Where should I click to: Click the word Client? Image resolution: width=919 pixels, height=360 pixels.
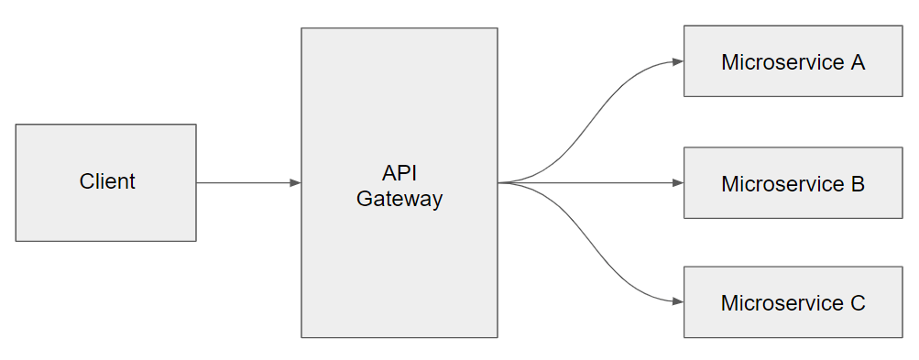pyautogui.click(x=107, y=181)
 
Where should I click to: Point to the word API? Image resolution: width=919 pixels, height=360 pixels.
pyautogui.click(x=399, y=173)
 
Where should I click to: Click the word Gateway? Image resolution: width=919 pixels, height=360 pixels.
pyautogui.click(x=399, y=199)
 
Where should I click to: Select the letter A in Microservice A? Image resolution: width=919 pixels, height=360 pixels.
pyautogui.click(x=858, y=62)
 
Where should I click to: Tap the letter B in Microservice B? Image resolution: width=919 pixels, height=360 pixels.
pyautogui.click(x=858, y=183)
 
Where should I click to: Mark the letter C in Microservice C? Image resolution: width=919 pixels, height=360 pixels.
pyautogui.click(x=858, y=303)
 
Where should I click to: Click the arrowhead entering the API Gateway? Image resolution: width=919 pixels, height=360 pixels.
pyautogui.click(x=295, y=183)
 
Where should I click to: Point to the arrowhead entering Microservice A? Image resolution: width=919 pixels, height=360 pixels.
pyautogui.click(x=678, y=62)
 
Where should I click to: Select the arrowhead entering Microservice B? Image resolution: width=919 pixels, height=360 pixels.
pyautogui.click(x=678, y=183)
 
